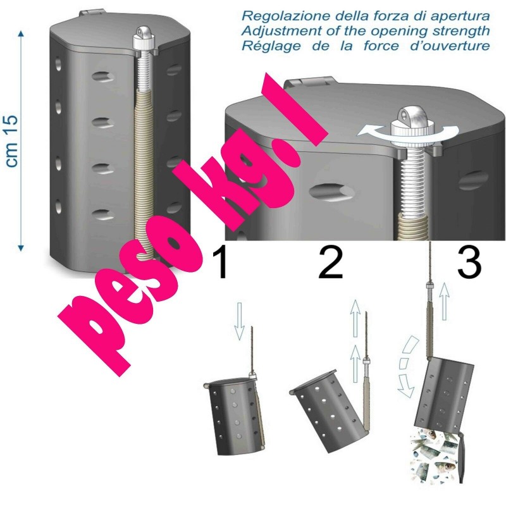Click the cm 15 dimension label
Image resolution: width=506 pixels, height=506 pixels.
click(x=12, y=141)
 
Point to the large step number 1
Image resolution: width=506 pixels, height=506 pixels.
click(x=220, y=262)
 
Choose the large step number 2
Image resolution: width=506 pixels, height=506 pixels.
click(x=330, y=262)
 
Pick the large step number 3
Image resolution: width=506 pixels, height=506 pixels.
click(x=469, y=262)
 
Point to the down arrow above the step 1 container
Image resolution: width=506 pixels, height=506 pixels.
click(x=239, y=321)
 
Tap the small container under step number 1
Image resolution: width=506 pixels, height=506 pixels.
click(x=235, y=416)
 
